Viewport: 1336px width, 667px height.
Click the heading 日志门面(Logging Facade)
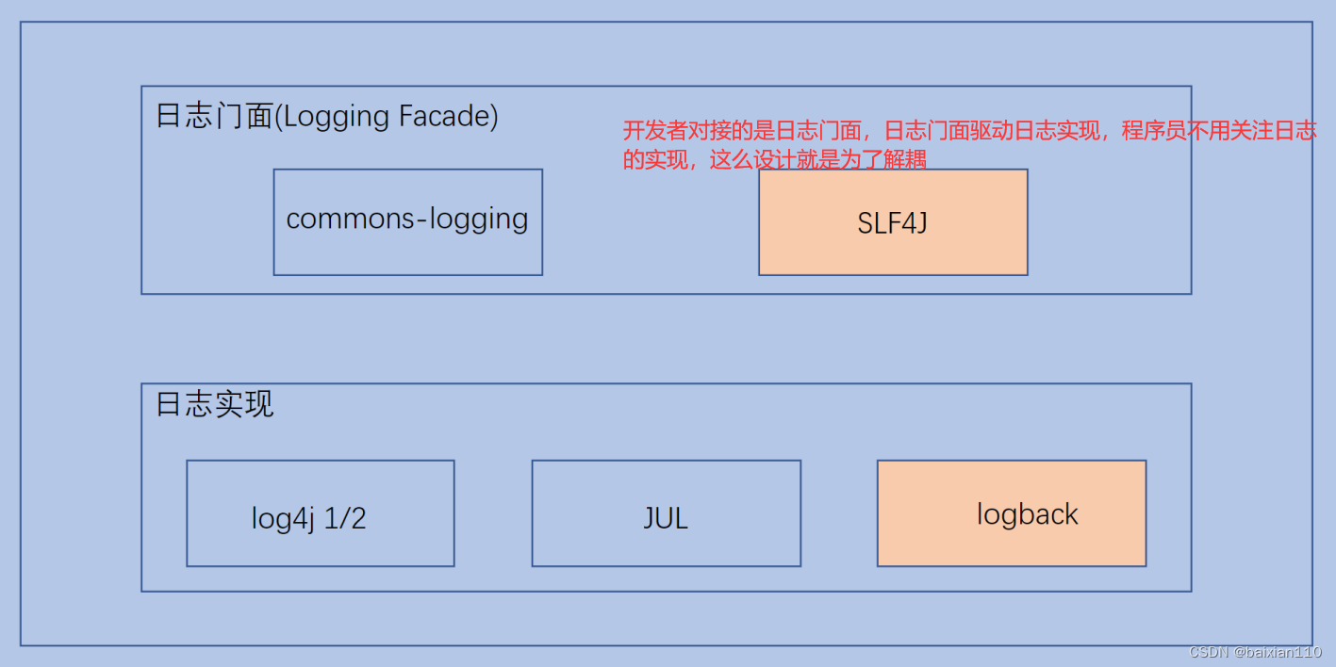[326, 117]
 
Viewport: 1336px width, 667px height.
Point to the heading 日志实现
[214, 404]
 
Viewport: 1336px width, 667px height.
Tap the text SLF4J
[893, 224]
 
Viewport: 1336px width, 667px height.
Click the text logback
[1027, 514]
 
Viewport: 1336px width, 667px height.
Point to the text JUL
[666, 517]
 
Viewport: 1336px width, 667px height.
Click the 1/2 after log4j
[345, 518]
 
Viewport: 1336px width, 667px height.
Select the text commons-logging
[407, 219]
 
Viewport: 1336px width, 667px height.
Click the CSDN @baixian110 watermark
[1255, 652]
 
